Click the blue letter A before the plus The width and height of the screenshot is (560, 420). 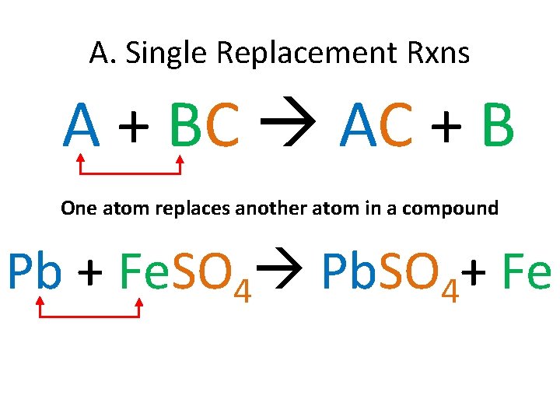83,126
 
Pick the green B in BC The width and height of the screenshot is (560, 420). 185,126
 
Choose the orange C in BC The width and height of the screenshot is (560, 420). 223,126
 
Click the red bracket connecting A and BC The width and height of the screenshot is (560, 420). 130,172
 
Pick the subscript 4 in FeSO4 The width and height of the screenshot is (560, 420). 242,289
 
